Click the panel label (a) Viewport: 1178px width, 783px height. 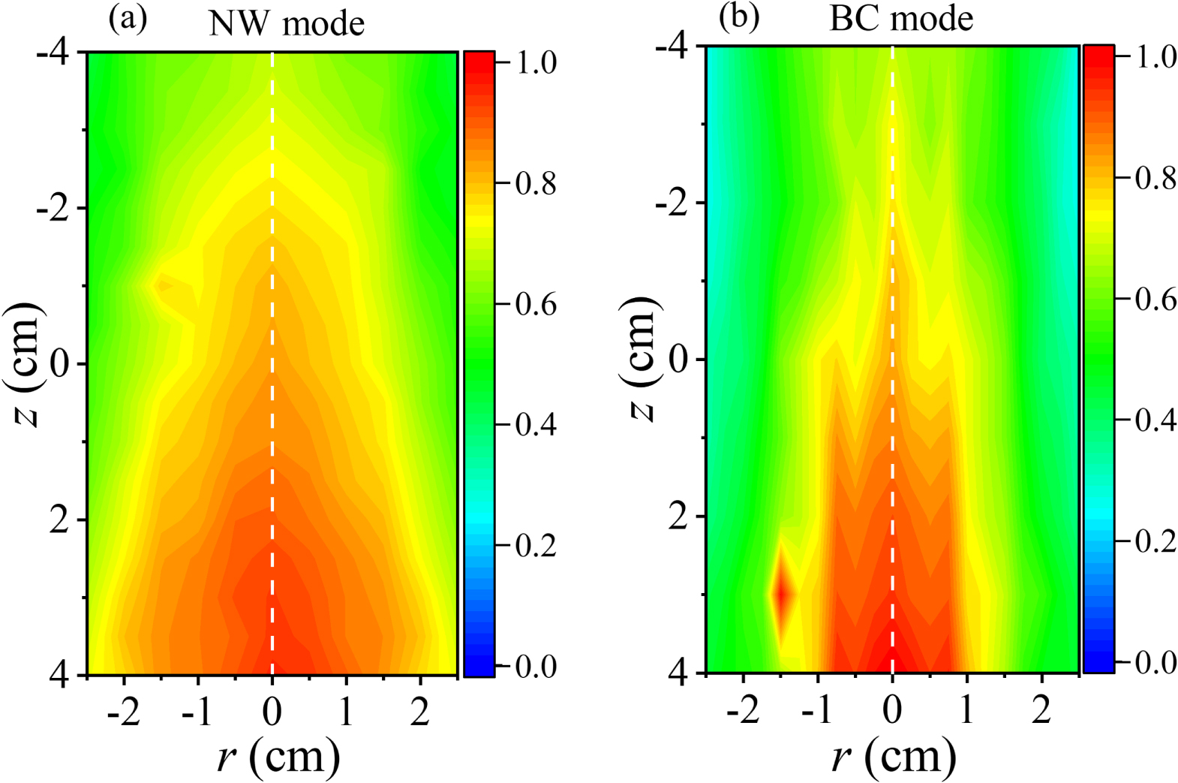tap(128, 18)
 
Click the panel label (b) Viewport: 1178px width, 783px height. tap(739, 17)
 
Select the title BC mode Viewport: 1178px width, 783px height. tap(901, 18)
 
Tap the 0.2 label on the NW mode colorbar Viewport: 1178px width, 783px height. tap(536, 546)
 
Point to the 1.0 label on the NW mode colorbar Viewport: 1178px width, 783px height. tap(536, 62)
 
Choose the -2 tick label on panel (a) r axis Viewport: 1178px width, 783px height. tap(124, 711)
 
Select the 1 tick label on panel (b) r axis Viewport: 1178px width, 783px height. tap(966, 709)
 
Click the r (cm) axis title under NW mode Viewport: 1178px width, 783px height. tap(278, 756)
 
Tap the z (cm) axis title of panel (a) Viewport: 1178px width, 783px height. tap(28, 364)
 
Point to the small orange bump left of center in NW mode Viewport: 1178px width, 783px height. tap(166, 285)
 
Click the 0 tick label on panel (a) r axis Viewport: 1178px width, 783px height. tap(272, 711)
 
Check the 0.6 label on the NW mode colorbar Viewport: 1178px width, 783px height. tap(536, 304)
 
